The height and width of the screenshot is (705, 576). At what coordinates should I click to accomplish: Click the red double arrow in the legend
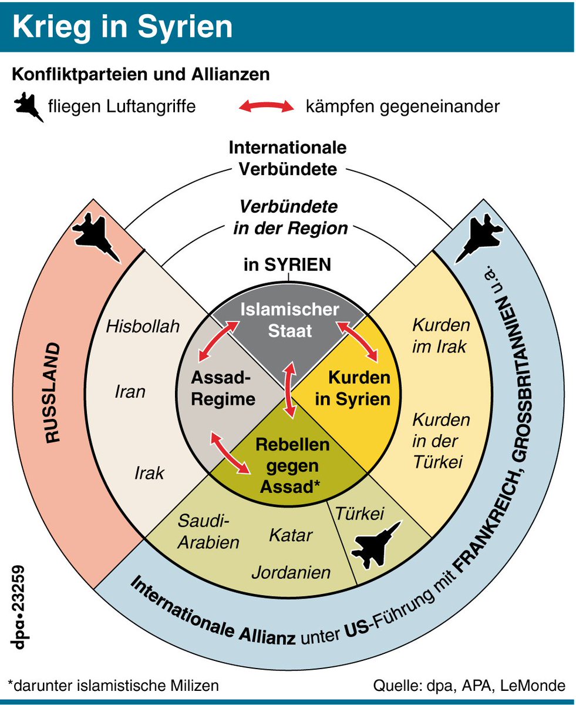tap(265, 107)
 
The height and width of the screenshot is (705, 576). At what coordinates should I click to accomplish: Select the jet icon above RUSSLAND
tap(97, 236)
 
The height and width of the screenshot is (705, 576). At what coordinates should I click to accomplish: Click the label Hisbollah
tap(143, 327)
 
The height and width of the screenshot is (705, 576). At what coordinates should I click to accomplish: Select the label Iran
tap(130, 391)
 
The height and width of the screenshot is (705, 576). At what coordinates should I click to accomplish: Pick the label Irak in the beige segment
tap(149, 472)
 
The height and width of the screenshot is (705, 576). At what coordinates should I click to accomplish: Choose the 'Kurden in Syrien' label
tap(353, 388)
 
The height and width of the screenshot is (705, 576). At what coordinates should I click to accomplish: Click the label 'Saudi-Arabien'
tap(209, 532)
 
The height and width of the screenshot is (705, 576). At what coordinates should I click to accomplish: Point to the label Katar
tap(291, 535)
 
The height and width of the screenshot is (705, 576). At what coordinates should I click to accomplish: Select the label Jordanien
tap(291, 572)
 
